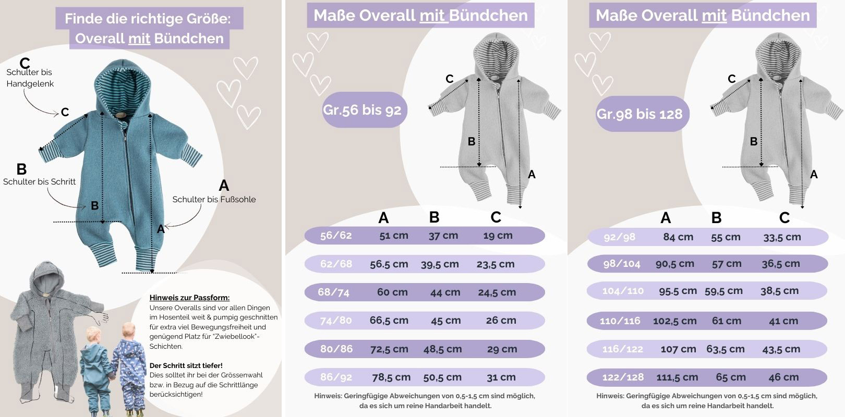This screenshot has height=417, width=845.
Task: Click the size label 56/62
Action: [x=336, y=236]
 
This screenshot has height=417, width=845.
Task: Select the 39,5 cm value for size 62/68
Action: [x=440, y=264]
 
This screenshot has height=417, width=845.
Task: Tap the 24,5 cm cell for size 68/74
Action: [x=497, y=292]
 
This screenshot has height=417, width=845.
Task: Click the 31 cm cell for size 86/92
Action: [x=501, y=377]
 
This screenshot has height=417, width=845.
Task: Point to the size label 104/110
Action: [x=623, y=291]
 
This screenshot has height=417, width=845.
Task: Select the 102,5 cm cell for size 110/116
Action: [x=674, y=321]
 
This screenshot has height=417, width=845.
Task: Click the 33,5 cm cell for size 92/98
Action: [x=782, y=237]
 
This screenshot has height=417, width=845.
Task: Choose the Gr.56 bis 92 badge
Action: [x=363, y=110]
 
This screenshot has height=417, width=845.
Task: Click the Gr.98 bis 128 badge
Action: [x=639, y=114]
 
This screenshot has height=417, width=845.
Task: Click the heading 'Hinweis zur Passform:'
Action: [x=189, y=298]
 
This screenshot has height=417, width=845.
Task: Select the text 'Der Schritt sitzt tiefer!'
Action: [x=186, y=365]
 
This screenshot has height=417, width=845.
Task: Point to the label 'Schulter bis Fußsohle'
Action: [x=214, y=199]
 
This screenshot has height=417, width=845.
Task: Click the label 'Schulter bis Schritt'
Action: [x=39, y=181]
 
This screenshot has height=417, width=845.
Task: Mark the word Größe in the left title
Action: [x=203, y=19]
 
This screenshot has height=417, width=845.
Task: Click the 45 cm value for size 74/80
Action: [x=445, y=321]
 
